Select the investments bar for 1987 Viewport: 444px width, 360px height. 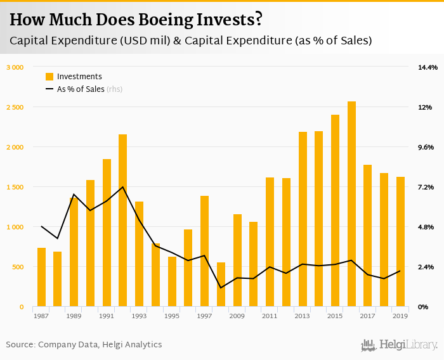41,277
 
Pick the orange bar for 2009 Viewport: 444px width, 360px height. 237,260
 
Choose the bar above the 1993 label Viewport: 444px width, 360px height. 140,254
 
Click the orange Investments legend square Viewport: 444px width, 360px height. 49,77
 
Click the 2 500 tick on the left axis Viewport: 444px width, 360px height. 15,107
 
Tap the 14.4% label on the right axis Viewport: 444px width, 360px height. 427,67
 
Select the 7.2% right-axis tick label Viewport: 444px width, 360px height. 425,187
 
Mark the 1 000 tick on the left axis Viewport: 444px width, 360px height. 15,227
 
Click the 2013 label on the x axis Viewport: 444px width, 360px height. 303,316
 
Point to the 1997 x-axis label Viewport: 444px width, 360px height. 204,316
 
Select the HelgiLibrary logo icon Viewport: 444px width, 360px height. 369,345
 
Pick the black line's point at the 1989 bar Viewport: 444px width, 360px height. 74,195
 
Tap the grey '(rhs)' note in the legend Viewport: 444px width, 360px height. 114,89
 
